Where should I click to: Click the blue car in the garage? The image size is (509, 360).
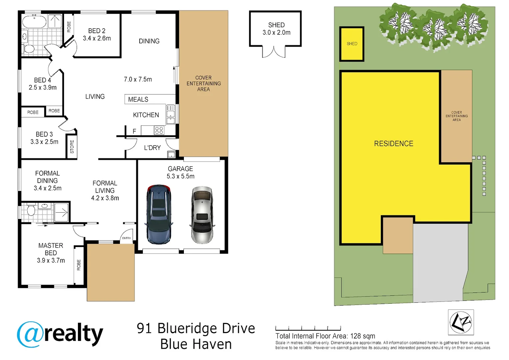(x=159, y=214)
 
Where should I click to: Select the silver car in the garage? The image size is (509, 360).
(x=202, y=215)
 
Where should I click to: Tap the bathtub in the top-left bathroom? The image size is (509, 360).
(x=34, y=22)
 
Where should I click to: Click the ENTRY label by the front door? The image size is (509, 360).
(x=127, y=238)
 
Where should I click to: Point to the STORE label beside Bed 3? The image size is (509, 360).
(x=72, y=147)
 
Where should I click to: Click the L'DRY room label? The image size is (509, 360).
(x=152, y=148)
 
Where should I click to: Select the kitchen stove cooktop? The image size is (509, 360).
(x=159, y=130)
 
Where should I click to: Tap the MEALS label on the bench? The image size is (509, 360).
(x=138, y=99)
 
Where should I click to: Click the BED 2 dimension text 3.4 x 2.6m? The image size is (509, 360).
(x=97, y=38)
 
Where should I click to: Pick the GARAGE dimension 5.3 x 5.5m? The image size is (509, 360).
(x=181, y=176)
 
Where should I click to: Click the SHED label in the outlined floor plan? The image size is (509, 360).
(x=276, y=25)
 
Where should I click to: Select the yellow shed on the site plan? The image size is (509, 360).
(x=352, y=44)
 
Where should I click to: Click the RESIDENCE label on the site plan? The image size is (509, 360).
(x=393, y=144)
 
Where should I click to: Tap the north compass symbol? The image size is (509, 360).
(x=461, y=322)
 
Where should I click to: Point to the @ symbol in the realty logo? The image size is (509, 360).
(x=30, y=334)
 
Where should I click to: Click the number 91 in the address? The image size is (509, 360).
(x=144, y=329)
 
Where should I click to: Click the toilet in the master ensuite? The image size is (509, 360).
(x=31, y=211)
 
